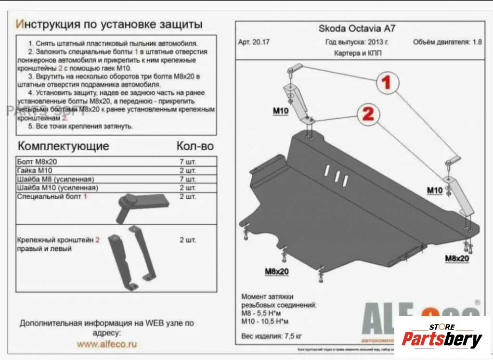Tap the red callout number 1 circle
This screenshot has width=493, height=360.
[x=386, y=83]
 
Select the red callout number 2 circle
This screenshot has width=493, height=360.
[x=367, y=114]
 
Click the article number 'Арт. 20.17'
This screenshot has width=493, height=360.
[x=254, y=42]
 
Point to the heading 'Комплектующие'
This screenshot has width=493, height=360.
[x=63, y=146]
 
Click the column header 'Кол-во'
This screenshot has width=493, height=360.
[x=195, y=146]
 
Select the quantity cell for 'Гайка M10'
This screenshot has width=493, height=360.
[x=187, y=170]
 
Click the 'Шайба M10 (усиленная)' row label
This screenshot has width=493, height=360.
[x=57, y=187]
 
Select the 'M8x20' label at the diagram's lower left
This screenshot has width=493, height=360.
[x=276, y=271]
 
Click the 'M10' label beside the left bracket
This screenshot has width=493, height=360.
[x=281, y=111]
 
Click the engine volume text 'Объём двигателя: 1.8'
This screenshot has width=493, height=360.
[x=447, y=42]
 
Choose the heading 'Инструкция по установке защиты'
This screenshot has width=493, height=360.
[x=109, y=24]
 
